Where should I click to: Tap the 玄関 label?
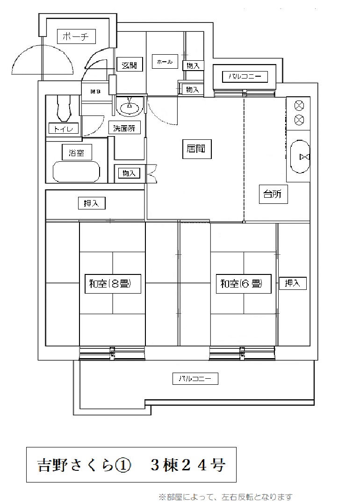[129, 65]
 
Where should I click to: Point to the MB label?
[95, 91]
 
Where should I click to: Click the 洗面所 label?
[124, 129]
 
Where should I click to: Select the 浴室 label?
[77, 152]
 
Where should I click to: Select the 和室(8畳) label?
[113, 284]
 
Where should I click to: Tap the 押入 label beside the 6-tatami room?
[293, 283]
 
